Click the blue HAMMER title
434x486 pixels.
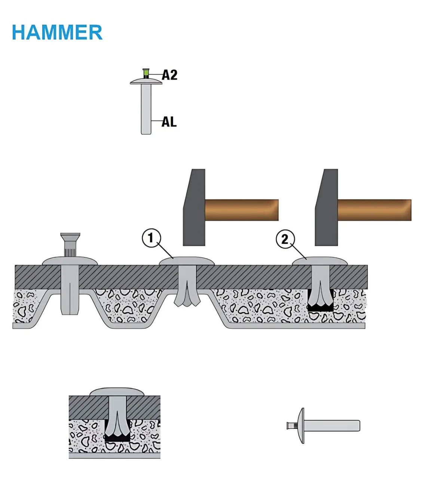pos(57,32)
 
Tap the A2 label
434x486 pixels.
pos(169,75)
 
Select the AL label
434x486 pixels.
pos(169,122)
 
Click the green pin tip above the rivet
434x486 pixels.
pos(146,72)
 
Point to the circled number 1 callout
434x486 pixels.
pos(152,238)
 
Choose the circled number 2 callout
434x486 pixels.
pos(285,239)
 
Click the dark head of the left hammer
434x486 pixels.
pos(194,208)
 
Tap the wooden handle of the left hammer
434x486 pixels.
pos(242,210)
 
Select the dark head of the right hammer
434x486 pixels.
pos(327,208)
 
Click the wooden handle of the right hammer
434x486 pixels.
pos(375,210)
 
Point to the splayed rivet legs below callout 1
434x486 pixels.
pos(187,297)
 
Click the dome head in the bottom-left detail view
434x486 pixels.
pos(117,391)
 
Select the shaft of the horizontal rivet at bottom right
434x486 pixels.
pos(332,426)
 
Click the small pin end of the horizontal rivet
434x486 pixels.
pos(291,426)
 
